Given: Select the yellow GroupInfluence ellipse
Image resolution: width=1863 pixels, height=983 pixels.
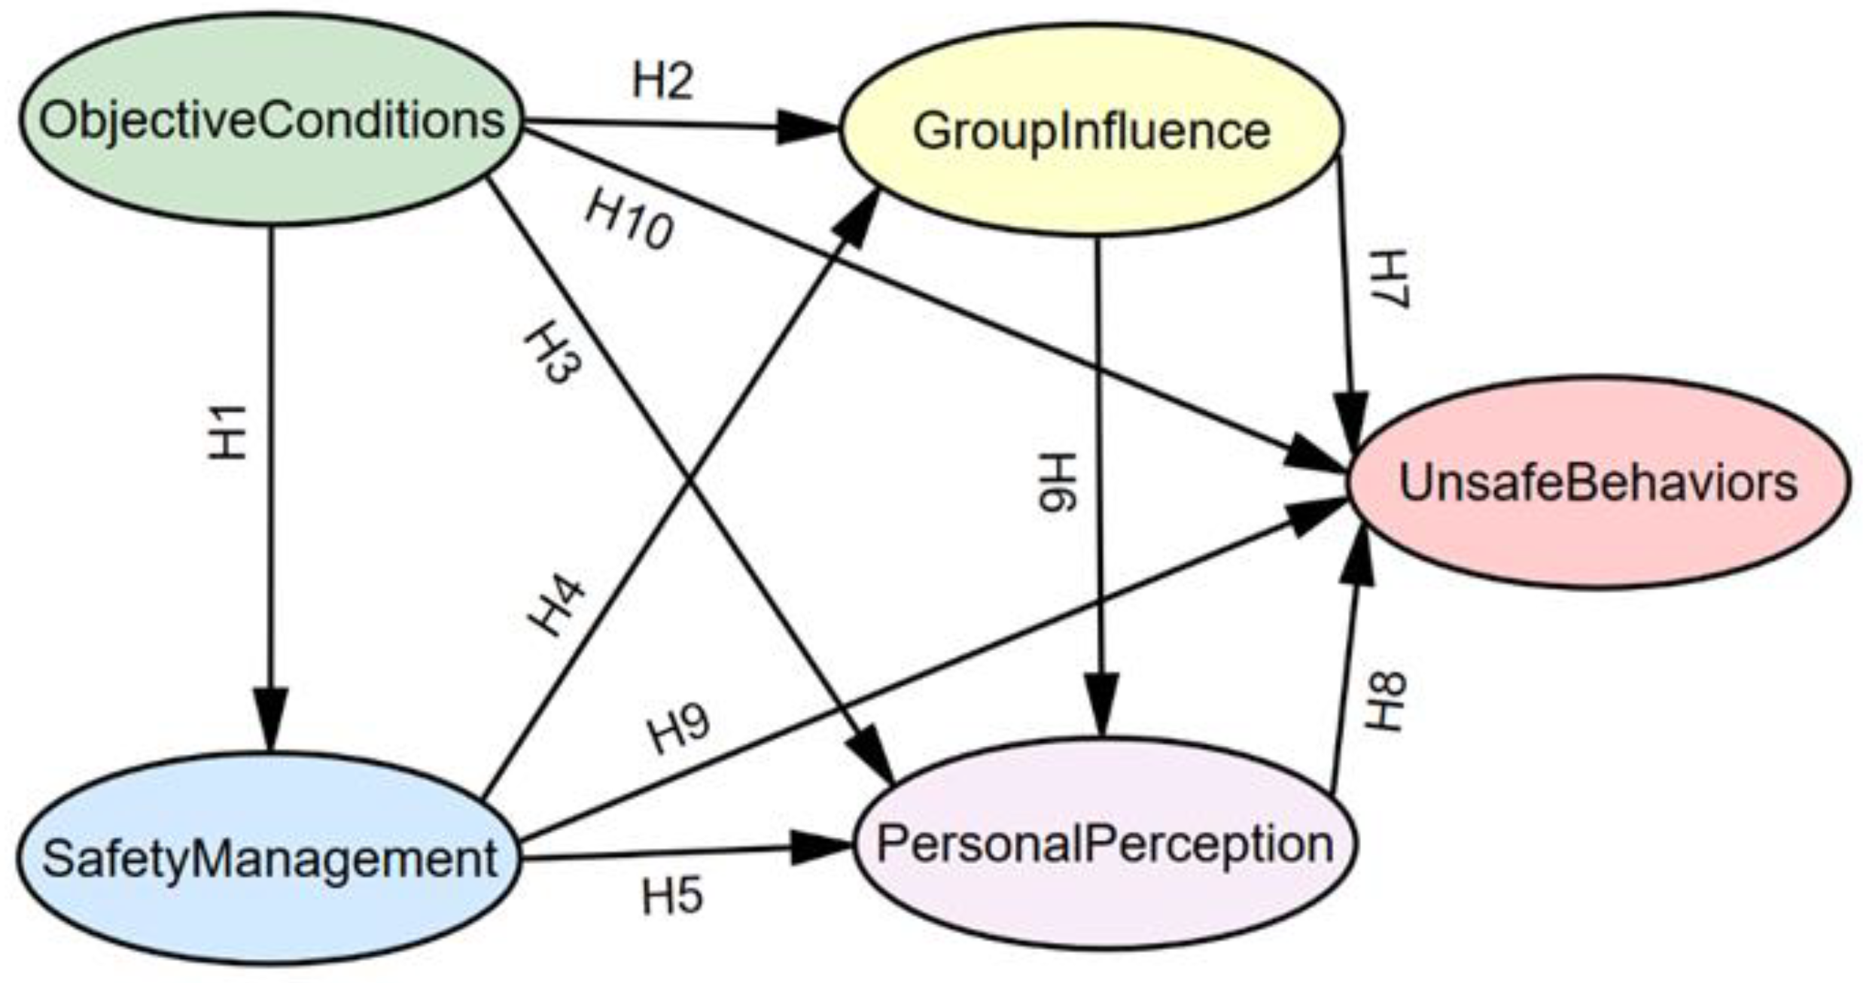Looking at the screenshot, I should pyautogui.click(x=1091, y=129).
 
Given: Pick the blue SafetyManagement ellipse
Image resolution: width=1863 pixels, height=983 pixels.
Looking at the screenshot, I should pyautogui.click(x=269, y=859).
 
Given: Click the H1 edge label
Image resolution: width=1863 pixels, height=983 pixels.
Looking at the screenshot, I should pyautogui.click(x=227, y=433).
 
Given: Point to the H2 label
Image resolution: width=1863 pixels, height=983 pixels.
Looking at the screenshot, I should pyautogui.click(x=662, y=81).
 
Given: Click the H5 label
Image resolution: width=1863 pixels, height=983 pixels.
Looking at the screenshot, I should pyautogui.click(x=672, y=896).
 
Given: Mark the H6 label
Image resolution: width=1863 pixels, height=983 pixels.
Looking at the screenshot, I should pyautogui.click(x=1058, y=482).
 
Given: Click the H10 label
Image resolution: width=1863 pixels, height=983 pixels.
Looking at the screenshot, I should pyautogui.click(x=629, y=218).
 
